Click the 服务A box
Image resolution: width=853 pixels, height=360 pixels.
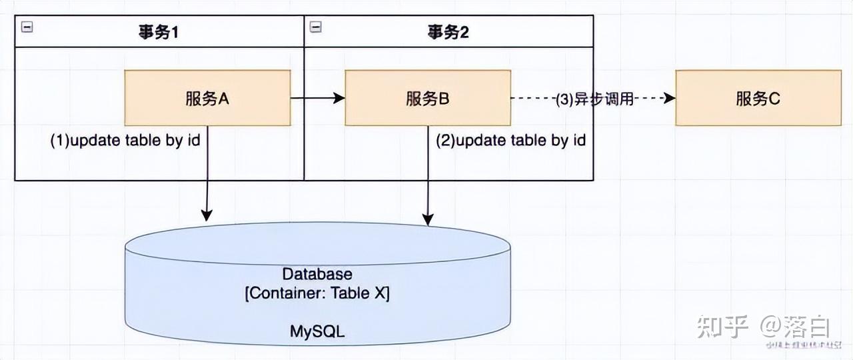point(207,98)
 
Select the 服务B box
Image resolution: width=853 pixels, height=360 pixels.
point(427,98)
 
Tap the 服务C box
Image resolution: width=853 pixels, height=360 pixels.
point(758,99)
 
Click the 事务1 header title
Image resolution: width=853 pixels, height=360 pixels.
point(159,32)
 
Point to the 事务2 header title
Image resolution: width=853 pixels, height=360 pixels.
point(448,32)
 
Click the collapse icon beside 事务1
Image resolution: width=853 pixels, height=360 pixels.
point(27,27)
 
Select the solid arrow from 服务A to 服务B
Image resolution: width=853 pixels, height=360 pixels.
point(316,98)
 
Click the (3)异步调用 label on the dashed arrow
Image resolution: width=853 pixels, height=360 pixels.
point(594,99)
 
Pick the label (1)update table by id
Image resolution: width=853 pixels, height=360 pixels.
point(125,141)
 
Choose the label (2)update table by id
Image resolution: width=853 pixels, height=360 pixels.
point(510,141)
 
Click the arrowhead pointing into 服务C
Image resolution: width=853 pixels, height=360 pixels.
point(669,98)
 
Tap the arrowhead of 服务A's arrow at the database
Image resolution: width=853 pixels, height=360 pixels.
point(207,215)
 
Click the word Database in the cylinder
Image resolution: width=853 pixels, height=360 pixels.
point(317,274)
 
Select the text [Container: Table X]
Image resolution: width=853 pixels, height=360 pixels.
point(317,294)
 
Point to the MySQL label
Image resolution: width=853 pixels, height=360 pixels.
point(317,331)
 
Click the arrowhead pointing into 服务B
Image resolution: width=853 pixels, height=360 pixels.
point(339,98)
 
